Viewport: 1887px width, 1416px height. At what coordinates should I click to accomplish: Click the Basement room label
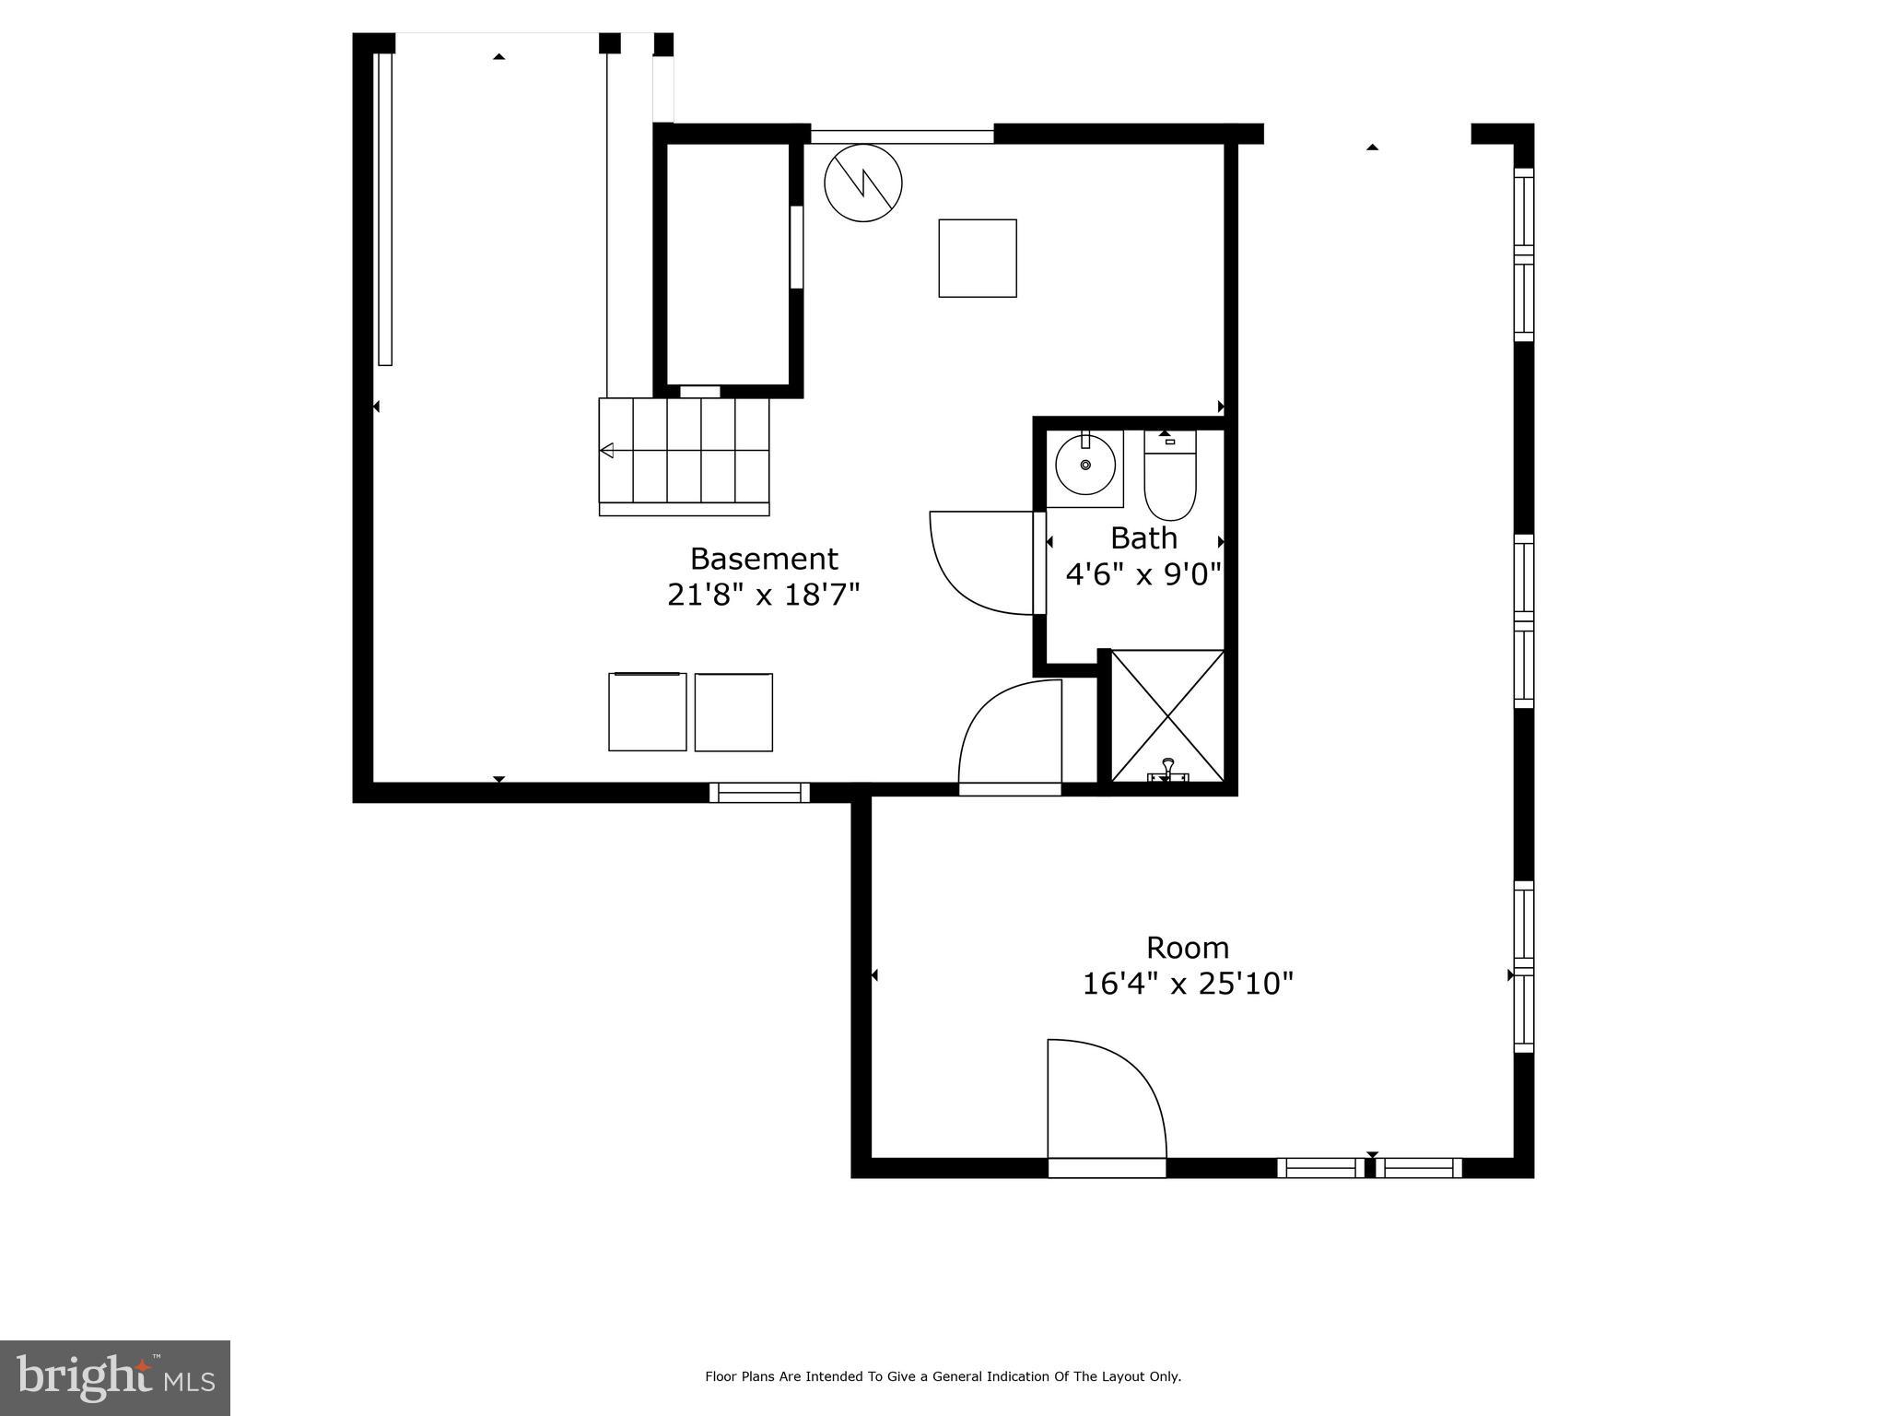pyautogui.click(x=763, y=559)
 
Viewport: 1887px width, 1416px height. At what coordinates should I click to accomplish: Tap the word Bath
pyautogui.click(x=1143, y=537)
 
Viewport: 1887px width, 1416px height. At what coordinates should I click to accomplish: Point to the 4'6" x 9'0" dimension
pyautogui.click(x=1143, y=574)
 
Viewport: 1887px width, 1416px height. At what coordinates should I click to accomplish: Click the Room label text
pyautogui.click(x=1187, y=948)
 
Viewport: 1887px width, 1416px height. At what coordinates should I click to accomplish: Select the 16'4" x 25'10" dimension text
pyautogui.click(x=1187, y=984)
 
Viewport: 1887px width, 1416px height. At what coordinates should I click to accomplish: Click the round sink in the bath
pyautogui.click(x=1084, y=466)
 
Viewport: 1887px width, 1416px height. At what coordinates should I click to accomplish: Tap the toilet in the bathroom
pyautogui.click(x=1169, y=479)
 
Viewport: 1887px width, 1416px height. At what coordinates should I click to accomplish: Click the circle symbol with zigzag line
pyautogui.click(x=862, y=183)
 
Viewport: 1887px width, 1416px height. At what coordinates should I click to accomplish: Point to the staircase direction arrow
pyautogui.click(x=607, y=450)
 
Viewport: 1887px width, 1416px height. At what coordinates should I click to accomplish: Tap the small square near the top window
pyautogui.click(x=977, y=258)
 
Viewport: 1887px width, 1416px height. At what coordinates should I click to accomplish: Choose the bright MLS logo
pyautogui.click(x=115, y=1377)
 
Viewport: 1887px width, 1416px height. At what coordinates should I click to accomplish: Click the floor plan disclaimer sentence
pyautogui.click(x=943, y=1376)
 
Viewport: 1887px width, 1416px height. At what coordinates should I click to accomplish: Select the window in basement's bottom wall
pyautogui.click(x=759, y=792)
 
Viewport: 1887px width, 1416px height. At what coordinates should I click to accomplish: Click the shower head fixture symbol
pyautogui.click(x=1167, y=771)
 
